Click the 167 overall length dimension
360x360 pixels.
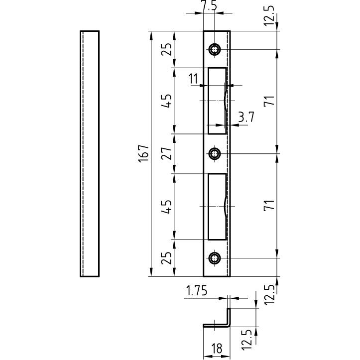point(143,153)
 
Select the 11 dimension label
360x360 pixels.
point(193,79)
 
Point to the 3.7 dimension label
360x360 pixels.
point(246,117)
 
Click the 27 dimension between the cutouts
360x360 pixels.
point(166,153)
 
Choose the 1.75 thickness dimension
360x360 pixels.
point(196,290)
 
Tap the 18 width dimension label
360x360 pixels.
point(217,349)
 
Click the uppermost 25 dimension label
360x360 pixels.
point(166,49)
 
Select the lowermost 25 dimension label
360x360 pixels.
point(166,258)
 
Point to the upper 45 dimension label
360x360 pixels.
point(166,101)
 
